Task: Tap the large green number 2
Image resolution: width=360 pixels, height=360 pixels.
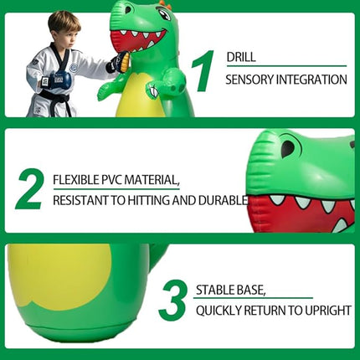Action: (28, 189)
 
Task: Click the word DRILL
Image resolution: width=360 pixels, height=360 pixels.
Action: (242, 57)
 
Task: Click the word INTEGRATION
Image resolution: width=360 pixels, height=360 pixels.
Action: (314, 80)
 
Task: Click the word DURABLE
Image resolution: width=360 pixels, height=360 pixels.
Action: (224, 200)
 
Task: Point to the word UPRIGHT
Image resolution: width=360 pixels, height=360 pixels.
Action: (325, 311)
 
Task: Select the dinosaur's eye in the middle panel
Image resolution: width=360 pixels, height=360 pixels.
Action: (287, 149)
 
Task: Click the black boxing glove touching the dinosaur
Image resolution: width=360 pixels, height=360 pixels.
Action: (119, 63)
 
